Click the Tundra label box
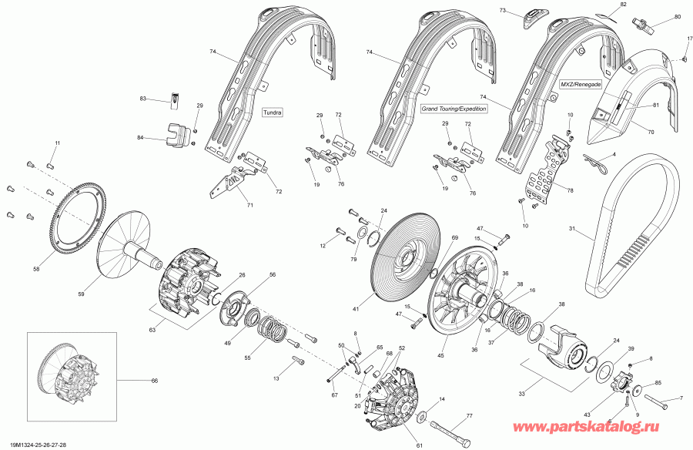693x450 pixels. tap(273, 112)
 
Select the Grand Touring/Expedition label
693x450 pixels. tap(454, 109)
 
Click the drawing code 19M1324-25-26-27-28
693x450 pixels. tap(34, 445)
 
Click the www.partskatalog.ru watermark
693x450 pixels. tap(614, 425)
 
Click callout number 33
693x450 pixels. tap(521, 395)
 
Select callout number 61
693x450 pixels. tap(419, 445)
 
